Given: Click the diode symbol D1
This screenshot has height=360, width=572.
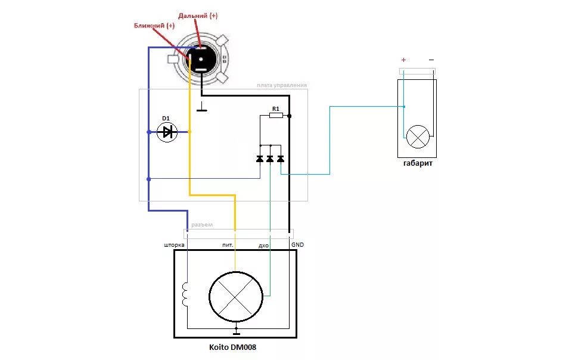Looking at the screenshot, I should (167, 132).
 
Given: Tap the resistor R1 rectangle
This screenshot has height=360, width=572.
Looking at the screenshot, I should (276, 116).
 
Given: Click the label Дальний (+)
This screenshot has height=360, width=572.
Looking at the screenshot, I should (197, 15).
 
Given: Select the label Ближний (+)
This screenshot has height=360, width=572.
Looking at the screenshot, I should (154, 26).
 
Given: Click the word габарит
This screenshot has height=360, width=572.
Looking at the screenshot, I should (417, 163).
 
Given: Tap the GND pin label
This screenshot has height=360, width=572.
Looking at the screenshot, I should (297, 244).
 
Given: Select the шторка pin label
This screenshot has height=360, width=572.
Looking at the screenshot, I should (175, 245).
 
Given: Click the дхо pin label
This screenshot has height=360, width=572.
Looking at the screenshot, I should (264, 245).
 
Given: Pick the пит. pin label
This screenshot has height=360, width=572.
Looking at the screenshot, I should (228, 245).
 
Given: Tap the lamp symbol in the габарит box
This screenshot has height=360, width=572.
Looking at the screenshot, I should (417, 137).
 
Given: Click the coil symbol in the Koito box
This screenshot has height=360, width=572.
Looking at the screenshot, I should (185, 294).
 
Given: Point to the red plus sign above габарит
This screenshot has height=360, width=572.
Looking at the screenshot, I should (403, 60).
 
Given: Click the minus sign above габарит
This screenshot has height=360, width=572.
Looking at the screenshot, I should (431, 60).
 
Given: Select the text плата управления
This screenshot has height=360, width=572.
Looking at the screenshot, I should (282, 85).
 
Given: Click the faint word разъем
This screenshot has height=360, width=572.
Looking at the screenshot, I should (202, 225).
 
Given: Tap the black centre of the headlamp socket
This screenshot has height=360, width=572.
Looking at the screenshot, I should (201, 59).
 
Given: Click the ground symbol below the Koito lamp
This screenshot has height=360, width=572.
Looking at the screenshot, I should (236, 331).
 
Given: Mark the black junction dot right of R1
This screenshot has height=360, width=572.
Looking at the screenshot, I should (290, 116).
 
